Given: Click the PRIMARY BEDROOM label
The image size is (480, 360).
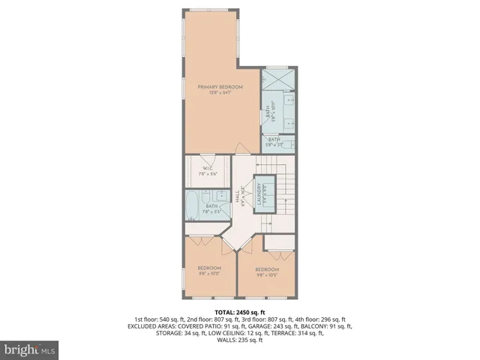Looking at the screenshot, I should click(220, 90).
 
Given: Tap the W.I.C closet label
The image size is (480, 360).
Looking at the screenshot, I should click(202, 171).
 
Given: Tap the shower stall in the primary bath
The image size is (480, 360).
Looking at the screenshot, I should click(278, 78).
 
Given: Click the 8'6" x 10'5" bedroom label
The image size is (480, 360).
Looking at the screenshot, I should click(209, 271).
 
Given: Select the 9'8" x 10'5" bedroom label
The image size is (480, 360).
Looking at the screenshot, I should click(266, 272).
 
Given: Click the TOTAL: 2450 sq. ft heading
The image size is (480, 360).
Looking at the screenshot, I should click(239, 311).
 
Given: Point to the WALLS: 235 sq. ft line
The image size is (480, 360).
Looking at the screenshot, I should click(239, 340).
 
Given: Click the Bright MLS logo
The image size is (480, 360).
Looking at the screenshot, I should click(30, 349).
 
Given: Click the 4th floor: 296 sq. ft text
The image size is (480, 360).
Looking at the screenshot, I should click(316, 319).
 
